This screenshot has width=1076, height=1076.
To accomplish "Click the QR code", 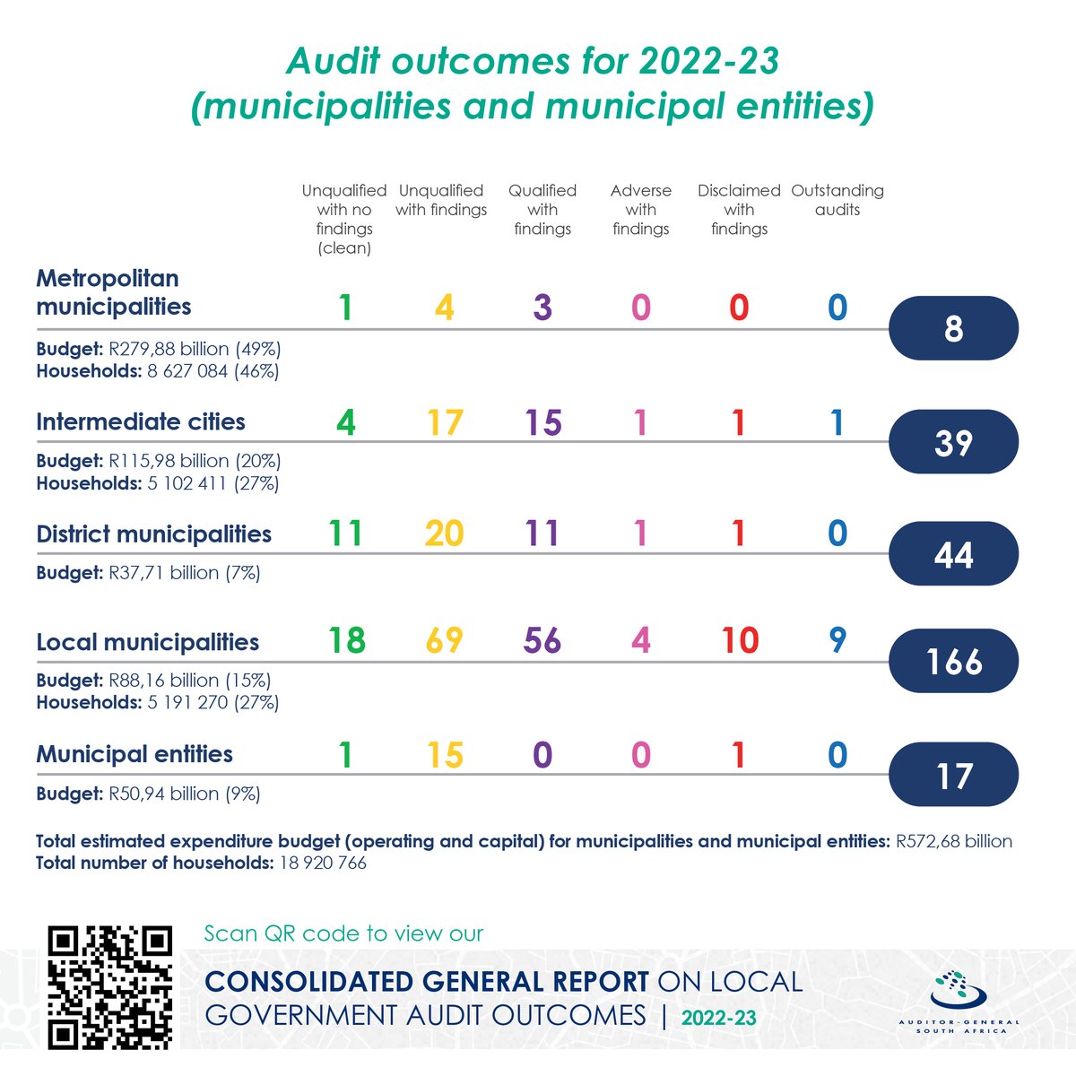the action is [110, 987].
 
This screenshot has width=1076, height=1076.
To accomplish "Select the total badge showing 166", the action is [953, 661].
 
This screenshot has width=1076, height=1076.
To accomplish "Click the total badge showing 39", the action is [953, 442].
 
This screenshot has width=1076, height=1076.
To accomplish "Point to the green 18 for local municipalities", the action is [347, 640].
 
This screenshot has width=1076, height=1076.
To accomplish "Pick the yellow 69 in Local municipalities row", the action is [445, 640].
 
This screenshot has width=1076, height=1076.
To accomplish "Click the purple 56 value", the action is [542, 640].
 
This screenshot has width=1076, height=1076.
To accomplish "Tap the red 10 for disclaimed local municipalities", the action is [740, 640].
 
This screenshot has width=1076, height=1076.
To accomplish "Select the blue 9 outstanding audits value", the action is [837, 640].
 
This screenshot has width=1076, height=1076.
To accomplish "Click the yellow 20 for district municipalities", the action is [445, 533].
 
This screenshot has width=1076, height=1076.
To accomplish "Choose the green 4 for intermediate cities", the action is [346, 422].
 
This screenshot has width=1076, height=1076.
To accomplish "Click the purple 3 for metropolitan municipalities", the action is [542, 308].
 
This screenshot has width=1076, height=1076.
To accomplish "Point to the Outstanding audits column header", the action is [837, 200].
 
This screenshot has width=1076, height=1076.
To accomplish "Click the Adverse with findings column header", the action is [641, 210].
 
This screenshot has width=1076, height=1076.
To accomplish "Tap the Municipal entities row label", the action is [134, 754].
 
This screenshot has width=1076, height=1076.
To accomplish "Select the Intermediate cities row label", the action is [141, 421].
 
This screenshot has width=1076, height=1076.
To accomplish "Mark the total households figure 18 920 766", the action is [323, 863].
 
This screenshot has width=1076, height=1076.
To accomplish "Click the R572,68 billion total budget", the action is [954, 841].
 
